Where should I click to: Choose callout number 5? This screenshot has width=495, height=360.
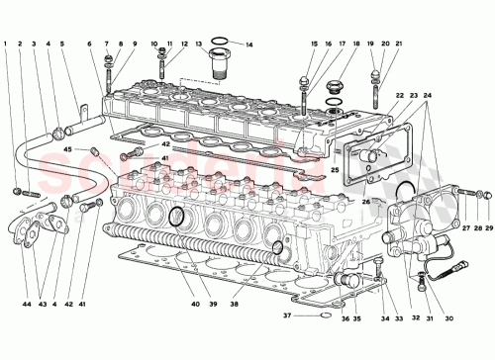tap(62, 44)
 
